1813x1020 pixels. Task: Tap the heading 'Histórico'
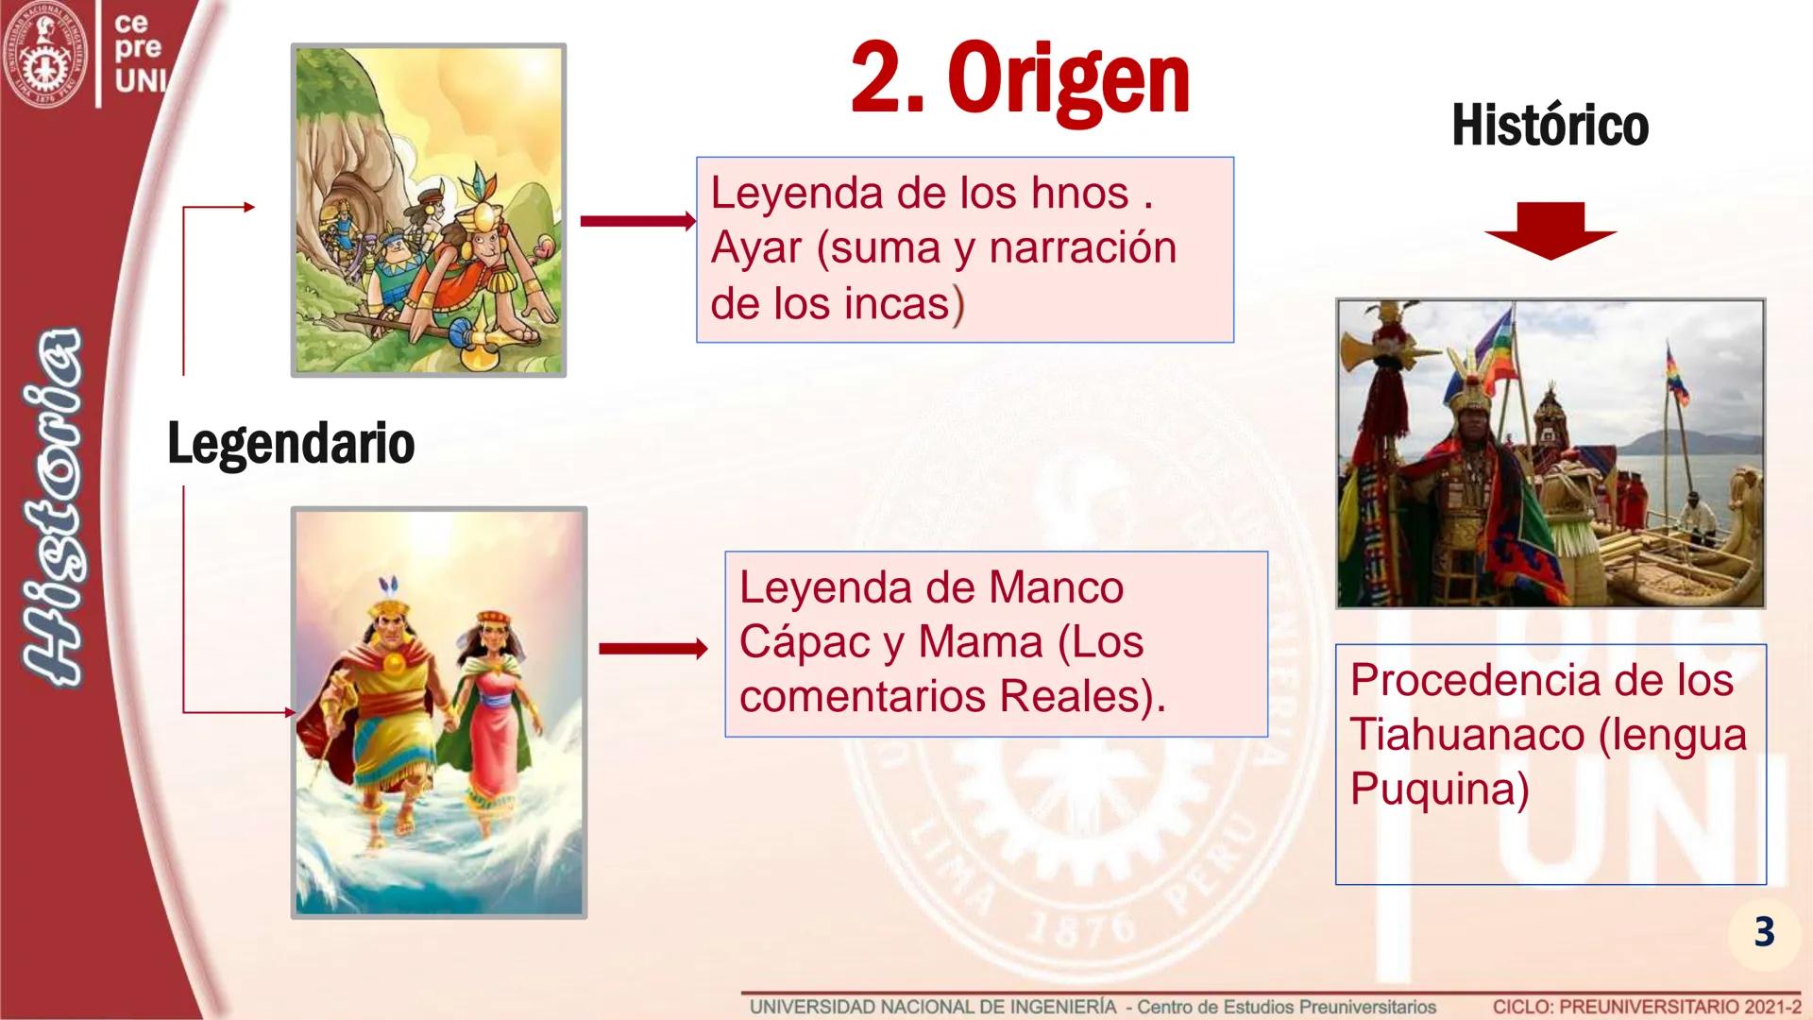[x=1550, y=126]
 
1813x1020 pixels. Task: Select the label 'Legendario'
[x=291, y=443]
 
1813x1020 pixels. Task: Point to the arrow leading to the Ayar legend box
[x=638, y=221]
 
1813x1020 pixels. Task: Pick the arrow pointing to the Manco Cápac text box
[x=653, y=649]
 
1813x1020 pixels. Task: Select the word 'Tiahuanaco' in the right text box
[x=1466, y=735]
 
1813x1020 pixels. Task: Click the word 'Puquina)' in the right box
[x=1439, y=790]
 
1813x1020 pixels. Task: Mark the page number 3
[x=1764, y=931]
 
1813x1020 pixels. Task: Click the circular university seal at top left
[x=44, y=53]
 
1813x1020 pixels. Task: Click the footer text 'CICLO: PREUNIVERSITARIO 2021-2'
[x=1647, y=1007]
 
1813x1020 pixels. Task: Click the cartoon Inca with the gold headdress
[x=483, y=274]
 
